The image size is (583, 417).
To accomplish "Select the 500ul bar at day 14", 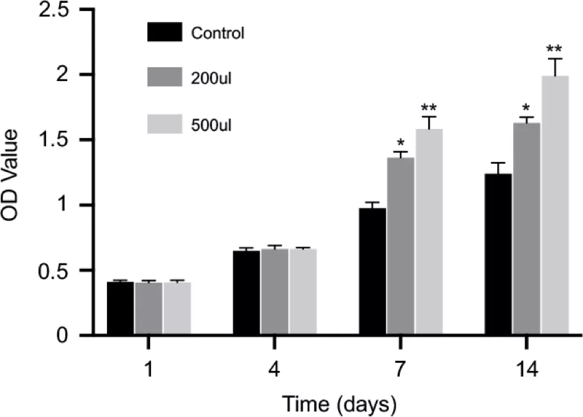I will coord(555,206).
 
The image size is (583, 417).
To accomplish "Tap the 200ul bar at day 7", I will coord(401,247).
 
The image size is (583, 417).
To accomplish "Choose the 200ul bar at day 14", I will coord(527,229).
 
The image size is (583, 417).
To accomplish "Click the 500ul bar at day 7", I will coord(429,233).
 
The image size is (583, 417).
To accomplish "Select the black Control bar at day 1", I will coord(120,309).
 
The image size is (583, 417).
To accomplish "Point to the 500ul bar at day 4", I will coord(302,292).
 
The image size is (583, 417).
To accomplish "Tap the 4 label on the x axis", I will coord(274,368).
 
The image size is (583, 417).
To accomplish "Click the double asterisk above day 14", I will coord(554,50).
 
